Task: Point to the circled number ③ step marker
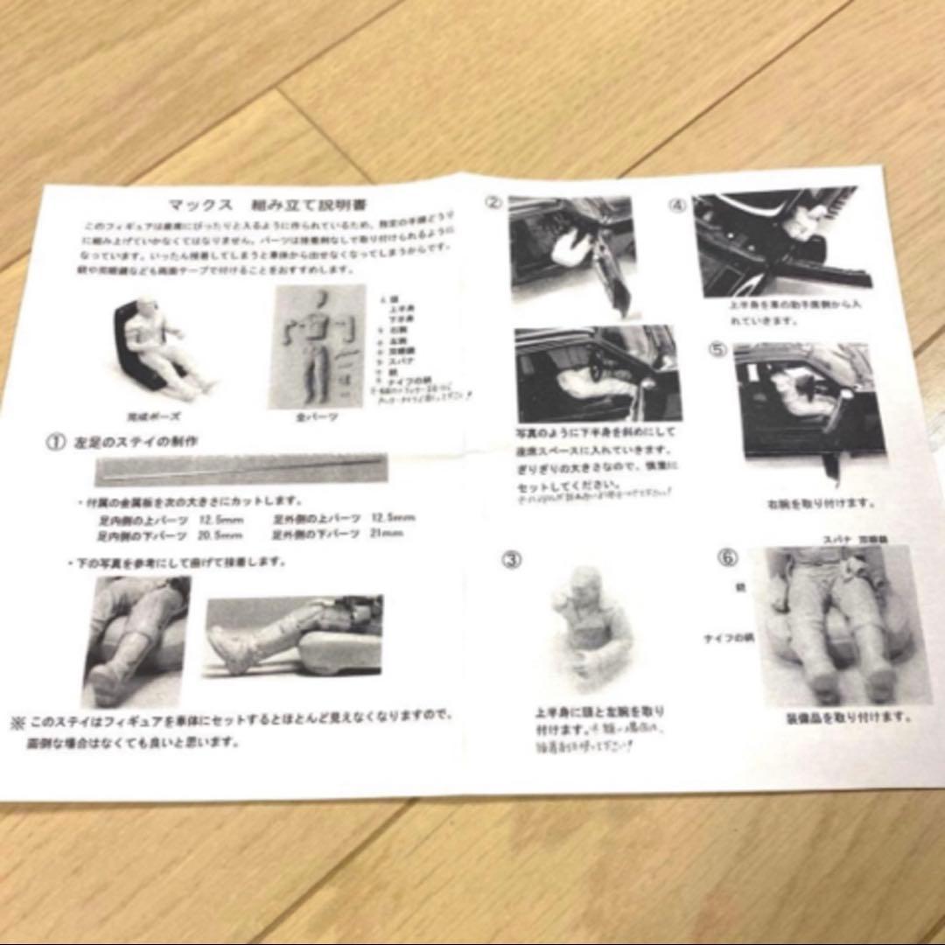(511, 558)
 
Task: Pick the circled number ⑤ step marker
(717, 349)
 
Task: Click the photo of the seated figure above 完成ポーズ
(163, 348)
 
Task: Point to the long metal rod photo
(240, 471)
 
